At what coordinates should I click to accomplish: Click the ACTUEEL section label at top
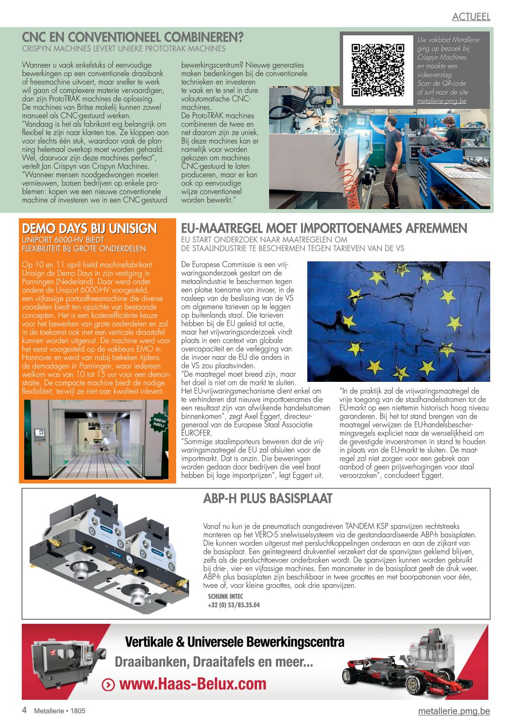[471, 16]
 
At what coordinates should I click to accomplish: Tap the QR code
[377, 70]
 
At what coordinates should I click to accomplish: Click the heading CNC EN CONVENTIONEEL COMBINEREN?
[133, 37]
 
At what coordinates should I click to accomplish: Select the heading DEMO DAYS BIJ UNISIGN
[90, 228]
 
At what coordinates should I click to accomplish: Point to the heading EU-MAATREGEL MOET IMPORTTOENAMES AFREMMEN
[324, 228]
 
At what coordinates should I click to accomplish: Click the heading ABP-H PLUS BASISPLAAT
[268, 498]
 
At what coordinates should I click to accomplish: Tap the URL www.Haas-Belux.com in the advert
[193, 684]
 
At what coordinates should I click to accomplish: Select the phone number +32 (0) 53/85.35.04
[234, 605]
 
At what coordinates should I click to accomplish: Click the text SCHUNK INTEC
[226, 597]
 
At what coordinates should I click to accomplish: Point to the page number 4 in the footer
[24, 710]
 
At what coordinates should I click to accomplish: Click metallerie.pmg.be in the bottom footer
[454, 711]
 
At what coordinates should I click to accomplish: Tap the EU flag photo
[398, 321]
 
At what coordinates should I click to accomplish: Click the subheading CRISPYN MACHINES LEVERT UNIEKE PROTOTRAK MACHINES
[123, 49]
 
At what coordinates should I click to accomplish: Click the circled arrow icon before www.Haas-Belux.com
[108, 685]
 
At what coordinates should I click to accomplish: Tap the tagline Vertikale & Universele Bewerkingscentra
[235, 642]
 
